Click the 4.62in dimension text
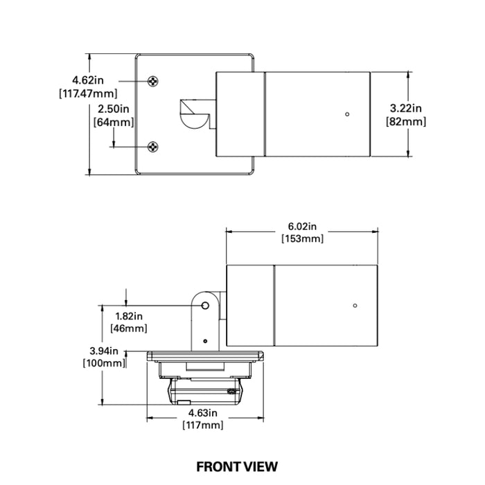point(88,80)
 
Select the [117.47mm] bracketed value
point(88,94)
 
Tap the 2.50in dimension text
point(113,109)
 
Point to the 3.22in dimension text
point(405,108)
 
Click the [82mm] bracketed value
point(406,121)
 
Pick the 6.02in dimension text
point(302,227)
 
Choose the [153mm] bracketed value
point(303,239)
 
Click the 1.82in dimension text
point(129,316)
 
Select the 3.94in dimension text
point(104,351)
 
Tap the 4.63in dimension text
point(203,413)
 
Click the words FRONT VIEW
point(237,467)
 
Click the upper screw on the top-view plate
point(153,81)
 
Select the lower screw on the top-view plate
point(153,147)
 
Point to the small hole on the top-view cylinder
point(347,114)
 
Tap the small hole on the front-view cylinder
point(355,306)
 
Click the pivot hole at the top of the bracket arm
point(205,306)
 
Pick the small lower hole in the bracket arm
point(205,341)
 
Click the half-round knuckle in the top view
point(194,121)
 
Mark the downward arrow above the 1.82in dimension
point(126,297)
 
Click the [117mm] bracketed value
point(203,425)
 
